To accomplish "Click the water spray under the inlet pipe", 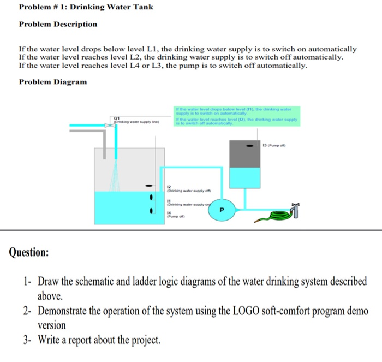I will (x=116, y=175).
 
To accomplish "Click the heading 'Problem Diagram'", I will (x=52, y=82).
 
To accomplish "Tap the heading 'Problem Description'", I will (x=58, y=24).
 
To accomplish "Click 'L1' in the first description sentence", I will (x=148, y=49).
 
